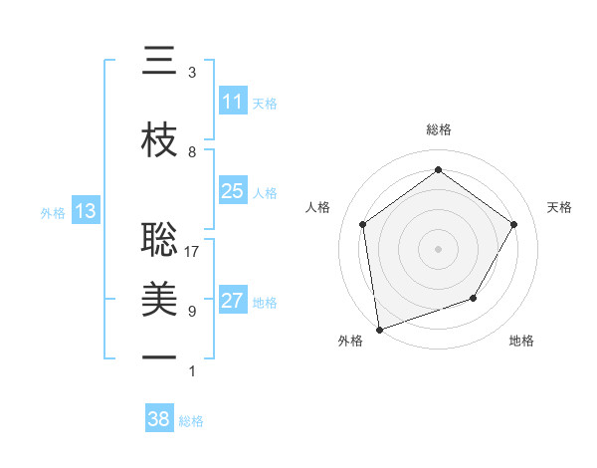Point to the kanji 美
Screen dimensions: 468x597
coord(159,298)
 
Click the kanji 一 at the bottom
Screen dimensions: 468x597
coord(159,356)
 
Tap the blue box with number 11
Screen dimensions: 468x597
coord(233,102)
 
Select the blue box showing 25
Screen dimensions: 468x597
coord(233,191)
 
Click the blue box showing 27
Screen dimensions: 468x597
coord(233,301)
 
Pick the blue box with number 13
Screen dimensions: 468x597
coord(85,211)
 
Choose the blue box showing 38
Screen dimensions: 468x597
coord(159,420)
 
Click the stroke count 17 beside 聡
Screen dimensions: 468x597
coord(192,252)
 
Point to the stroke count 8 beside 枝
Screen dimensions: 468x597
coord(192,152)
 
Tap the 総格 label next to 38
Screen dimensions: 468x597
coord(191,421)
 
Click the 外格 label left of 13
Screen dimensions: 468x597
coord(53,212)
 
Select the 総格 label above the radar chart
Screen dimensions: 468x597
coord(438,129)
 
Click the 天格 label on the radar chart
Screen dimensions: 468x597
coord(559,207)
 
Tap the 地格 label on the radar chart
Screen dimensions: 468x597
coord(521,342)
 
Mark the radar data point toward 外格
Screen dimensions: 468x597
coord(379,328)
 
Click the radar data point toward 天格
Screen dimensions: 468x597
coord(513,224)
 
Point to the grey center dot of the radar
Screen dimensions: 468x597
coord(438,248)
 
